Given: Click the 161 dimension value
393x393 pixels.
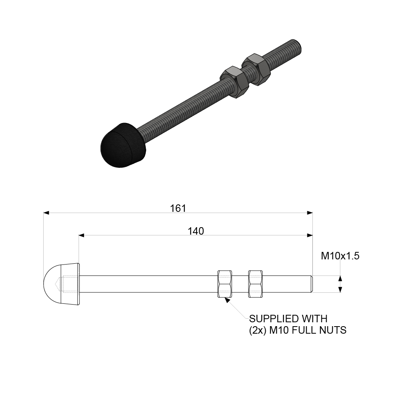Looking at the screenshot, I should (178, 208).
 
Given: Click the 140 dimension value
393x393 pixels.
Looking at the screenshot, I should (196, 231).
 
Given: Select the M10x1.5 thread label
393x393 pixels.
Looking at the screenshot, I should (340, 256).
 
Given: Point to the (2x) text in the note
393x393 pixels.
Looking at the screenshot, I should (258, 330).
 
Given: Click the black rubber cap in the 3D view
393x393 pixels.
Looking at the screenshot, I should (122, 145).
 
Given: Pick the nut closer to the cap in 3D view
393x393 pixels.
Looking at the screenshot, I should (234, 82).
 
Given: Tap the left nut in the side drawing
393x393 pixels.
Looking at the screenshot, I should (224, 284).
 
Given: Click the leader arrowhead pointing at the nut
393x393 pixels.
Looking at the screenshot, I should (226, 301).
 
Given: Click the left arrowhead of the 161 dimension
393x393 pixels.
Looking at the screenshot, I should (46, 213).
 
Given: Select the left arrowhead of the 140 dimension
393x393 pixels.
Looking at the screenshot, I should (82, 235).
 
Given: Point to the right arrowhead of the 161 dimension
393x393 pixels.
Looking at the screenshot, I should (310, 213).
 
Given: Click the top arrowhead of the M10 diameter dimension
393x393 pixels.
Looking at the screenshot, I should (340, 278).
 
